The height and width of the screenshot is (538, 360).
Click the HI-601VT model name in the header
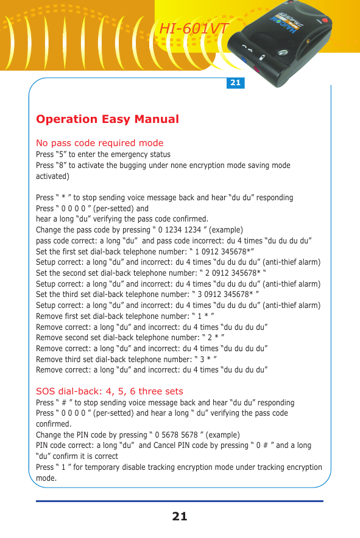pyautogui.click(x=194, y=29)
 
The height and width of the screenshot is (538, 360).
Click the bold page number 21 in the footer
pyautogui.click(x=180, y=517)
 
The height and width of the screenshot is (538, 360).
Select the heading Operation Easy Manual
pyautogui.click(x=107, y=119)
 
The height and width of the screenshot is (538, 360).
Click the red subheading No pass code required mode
pyautogui.click(x=100, y=143)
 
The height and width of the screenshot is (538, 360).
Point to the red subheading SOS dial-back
pyautogui.click(x=109, y=391)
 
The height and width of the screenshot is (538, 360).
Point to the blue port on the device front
pyautogui.click(x=244, y=61)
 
